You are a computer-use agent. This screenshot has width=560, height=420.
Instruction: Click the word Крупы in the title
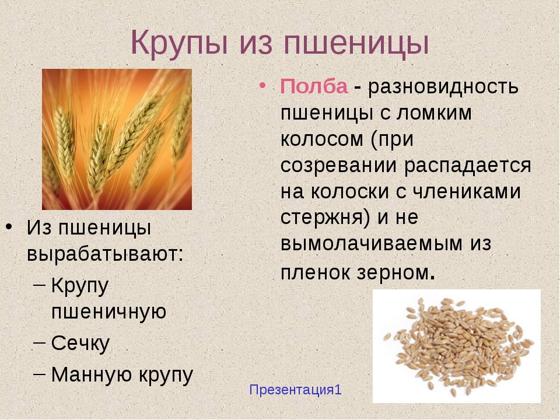click(179, 43)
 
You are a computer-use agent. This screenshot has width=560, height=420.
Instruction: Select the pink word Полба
click(314, 86)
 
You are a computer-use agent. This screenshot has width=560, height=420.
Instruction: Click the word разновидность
click(443, 86)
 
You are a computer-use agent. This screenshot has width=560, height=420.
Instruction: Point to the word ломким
click(433, 113)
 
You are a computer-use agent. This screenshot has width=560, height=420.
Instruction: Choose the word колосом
click(322, 139)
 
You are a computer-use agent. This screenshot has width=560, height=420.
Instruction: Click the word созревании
click(338, 165)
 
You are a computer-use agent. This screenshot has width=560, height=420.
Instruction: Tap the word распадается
click(468, 165)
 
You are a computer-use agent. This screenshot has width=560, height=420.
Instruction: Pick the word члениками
click(467, 191)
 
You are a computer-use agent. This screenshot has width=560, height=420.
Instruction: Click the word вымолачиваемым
click(372, 244)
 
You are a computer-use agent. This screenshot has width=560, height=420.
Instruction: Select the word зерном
click(393, 273)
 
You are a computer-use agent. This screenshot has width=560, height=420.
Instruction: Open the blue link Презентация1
click(295, 390)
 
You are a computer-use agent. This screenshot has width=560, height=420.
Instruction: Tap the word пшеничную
click(109, 311)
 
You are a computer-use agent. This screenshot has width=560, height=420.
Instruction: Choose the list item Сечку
click(80, 344)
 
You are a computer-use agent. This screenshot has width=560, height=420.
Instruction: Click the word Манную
click(92, 374)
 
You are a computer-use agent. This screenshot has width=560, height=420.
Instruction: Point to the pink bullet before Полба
click(262, 86)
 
